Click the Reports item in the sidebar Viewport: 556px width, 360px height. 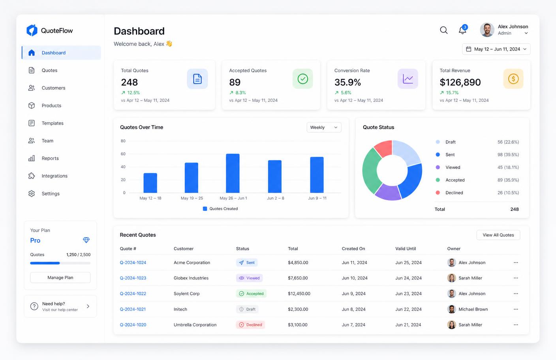pos(43,158)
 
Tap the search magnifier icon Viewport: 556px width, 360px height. pos(443,30)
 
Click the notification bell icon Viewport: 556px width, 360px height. pos(462,30)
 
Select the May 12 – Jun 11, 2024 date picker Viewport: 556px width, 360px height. pos(496,49)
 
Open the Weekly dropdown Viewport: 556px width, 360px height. pos(324,127)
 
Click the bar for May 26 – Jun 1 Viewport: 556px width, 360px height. pos(233,173)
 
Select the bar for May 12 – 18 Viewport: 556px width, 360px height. pos(150,183)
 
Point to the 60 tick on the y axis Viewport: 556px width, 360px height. pos(123,154)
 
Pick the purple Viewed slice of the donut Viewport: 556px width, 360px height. pos(388,193)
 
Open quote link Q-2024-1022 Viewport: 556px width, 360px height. pos(133,294)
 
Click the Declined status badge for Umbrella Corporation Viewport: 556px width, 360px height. pos(250,325)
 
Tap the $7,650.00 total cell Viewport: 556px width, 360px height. pos(298,278)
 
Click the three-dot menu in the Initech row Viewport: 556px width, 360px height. pos(516,309)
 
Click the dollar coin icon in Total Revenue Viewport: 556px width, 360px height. pos(513,79)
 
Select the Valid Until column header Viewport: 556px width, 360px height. pos(405,249)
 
